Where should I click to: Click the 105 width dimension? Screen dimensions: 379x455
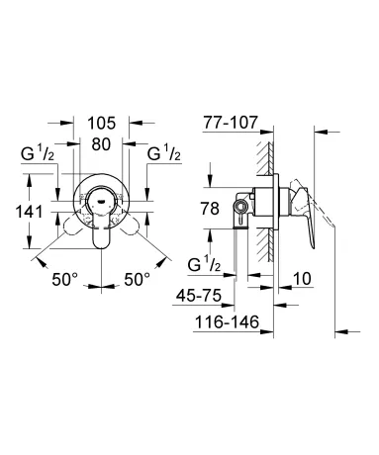(x=102, y=124)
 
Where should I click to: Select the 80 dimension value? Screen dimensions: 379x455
(x=101, y=144)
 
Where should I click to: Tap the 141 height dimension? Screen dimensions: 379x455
(x=29, y=212)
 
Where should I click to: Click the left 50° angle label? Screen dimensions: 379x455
(x=64, y=280)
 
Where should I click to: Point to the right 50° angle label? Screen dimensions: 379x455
(x=137, y=280)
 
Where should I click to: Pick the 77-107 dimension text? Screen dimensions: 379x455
(x=230, y=123)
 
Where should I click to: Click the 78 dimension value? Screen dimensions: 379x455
(x=210, y=209)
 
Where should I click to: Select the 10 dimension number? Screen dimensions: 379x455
(x=302, y=279)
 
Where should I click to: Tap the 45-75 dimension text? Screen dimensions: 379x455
(x=199, y=296)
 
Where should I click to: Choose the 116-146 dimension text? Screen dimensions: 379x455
(x=227, y=321)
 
